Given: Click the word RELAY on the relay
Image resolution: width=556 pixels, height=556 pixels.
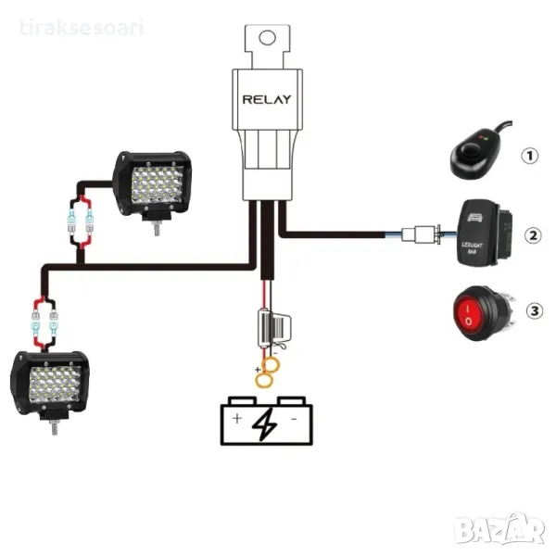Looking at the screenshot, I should point(267,98).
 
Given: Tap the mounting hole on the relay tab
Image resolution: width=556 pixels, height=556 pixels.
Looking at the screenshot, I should point(267,38).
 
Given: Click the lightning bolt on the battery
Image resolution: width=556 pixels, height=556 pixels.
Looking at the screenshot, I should point(266,424).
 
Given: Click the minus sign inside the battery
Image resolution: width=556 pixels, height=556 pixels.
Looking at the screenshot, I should point(293,420).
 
